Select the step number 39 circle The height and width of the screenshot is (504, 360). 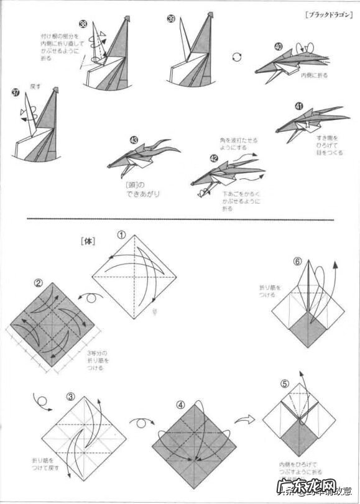pyautogui.click(x=170, y=19)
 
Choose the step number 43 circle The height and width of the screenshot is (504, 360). pyautogui.click(x=134, y=140)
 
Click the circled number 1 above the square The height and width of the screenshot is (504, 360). pyautogui.click(x=122, y=235)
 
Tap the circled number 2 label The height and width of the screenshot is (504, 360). pyautogui.click(x=38, y=283)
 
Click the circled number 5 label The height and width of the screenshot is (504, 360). pyautogui.click(x=284, y=383)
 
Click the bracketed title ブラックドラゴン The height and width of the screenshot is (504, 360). pyautogui.click(x=326, y=14)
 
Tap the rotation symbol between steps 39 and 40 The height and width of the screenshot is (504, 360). pyautogui.click(x=236, y=57)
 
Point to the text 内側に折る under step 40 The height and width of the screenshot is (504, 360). pyautogui.click(x=313, y=75)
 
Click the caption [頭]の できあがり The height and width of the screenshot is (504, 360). pyautogui.click(x=142, y=189)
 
